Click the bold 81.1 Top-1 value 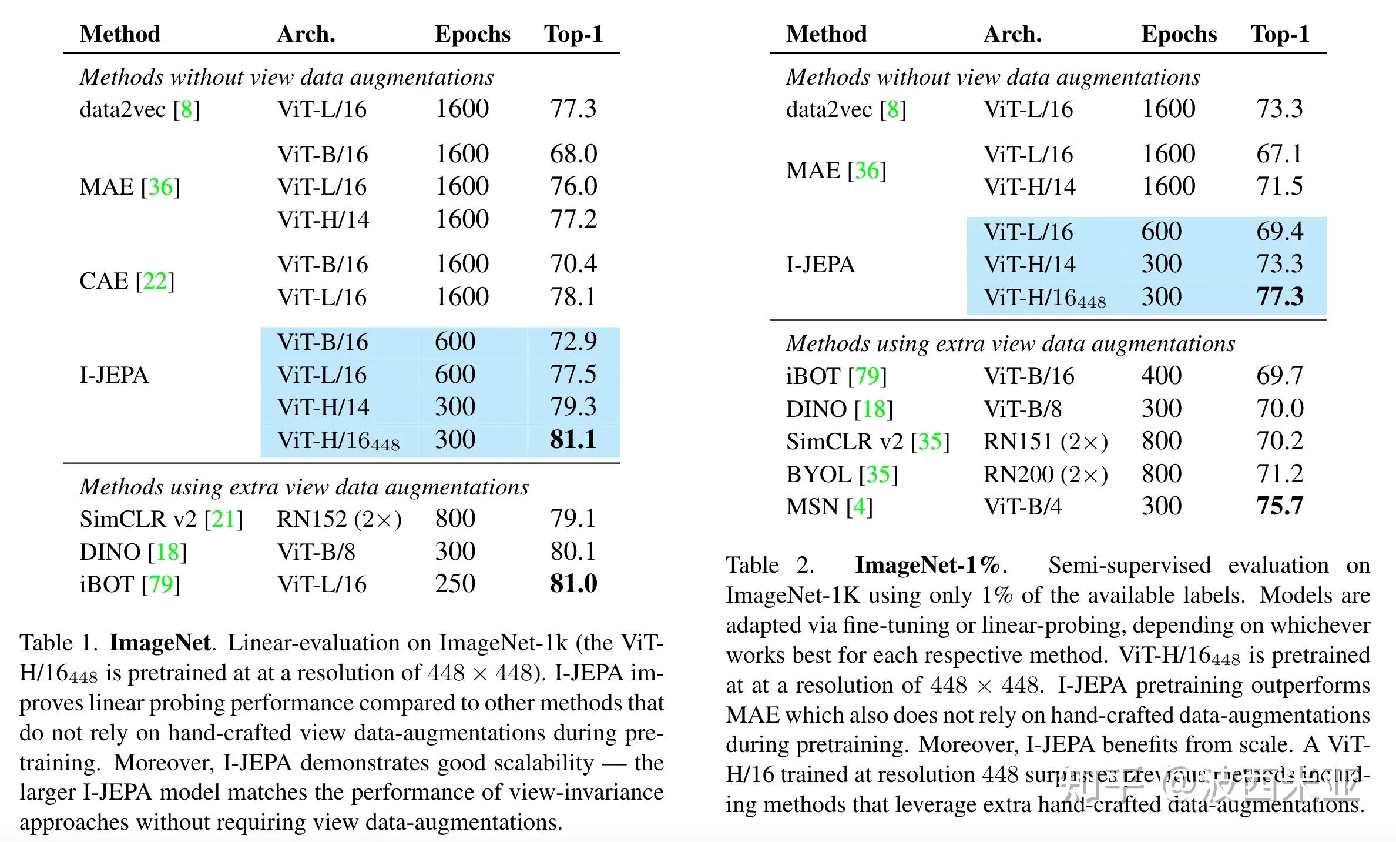coord(573,440)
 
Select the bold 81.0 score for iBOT coord(573,584)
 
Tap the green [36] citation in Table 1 coord(160,187)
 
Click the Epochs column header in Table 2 coord(1179,34)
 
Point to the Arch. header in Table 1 coord(306,34)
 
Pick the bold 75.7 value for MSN coord(1280,506)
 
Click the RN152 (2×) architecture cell coord(339,519)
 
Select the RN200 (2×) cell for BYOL coord(1046,475)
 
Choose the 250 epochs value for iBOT coord(455,584)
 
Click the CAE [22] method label coord(127,281)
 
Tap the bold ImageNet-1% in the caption coord(927,565)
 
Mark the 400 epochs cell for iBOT coord(1161,376)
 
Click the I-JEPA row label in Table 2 coord(820,265)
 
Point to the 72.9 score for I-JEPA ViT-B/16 coord(573,342)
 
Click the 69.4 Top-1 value coord(1280,232)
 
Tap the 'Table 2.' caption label coord(770,565)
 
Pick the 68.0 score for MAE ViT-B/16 coord(573,154)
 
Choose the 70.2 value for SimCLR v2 coord(1280,441)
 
